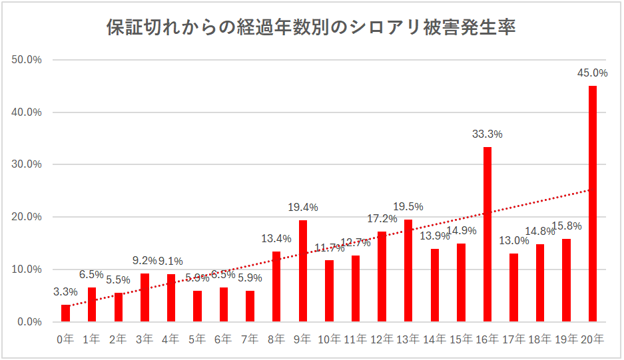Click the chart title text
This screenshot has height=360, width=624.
click(x=311, y=28)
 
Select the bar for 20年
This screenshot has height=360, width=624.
click(x=592, y=204)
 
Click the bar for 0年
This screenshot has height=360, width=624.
click(x=65, y=313)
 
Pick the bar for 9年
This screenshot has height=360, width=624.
click(x=302, y=271)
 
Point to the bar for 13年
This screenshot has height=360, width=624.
click(x=408, y=271)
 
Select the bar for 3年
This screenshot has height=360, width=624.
click(x=145, y=297)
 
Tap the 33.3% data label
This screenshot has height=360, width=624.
click(x=487, y=134)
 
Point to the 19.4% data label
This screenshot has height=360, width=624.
click(x=302, y=207)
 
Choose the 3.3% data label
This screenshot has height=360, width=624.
click(x=65, y=291)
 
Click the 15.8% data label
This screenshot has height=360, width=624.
click(x=566, y=226)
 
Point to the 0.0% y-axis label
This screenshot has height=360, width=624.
click(x=29, y=322)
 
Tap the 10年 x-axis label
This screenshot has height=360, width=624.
click(x=329, y=339)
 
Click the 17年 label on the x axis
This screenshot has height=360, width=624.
click(x=513, y=339)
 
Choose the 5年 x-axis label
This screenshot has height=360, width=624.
click(x=197, y=339)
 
